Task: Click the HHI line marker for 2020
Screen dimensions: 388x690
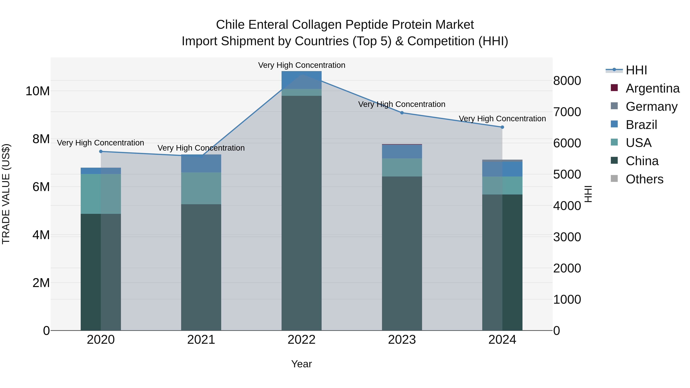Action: click(x=101, y=152)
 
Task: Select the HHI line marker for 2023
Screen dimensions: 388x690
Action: click(x=402, y=113)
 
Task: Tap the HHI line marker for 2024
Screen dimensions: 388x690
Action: click(x=502, y=127)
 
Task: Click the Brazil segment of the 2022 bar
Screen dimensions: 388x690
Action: click(x=301, y=80)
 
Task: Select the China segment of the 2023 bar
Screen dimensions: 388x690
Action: click(x=402, y=253)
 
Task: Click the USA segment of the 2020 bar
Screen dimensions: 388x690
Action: click(x=101, y=194)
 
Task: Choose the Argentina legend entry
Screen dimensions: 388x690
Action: click(x=652, y=88)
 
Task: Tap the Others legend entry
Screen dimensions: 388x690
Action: click(x=644, y=179)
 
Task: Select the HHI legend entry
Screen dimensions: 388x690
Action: click(x=636, y=70)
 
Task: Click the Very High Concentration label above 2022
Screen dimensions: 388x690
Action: click(x=302, y=65)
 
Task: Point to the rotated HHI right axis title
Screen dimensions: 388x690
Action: click(x=588, y=194)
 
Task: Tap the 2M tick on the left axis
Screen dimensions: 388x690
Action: click(x=41, y=283)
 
